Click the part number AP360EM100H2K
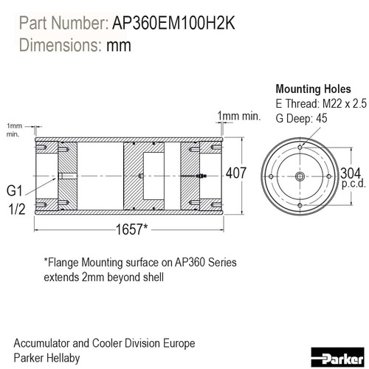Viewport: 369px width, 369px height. click(x=173, y=24)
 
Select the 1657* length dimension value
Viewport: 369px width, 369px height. click(x=132, y=230)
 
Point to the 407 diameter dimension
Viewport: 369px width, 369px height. click(x=236, y=173)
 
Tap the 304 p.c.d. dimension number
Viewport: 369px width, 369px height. click(x=351, y=173)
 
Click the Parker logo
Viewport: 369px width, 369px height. click(x=337, y=357)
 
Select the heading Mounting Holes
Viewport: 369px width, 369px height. click(x=313, y=89)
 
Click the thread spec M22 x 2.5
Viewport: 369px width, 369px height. click(x=345, y=103)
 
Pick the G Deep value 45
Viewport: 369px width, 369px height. click(x=322, y=118)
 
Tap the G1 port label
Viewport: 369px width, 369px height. click(x=15, y=190)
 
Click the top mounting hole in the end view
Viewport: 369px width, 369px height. click(x=300, y=148)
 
